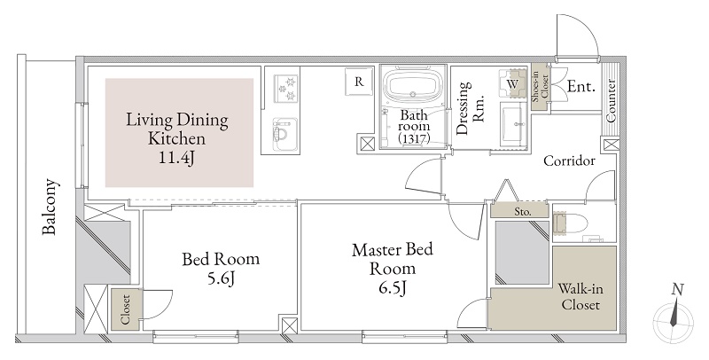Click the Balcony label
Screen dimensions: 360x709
point(51,209)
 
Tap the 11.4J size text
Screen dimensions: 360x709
point(179,159)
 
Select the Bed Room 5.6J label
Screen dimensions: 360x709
point(221,269)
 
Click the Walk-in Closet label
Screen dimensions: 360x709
point(580,297)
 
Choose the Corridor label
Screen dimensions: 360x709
point(568,160)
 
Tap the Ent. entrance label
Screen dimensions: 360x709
point(580,87)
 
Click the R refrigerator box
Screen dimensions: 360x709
point(359,82)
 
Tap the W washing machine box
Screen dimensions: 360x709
point(511,84)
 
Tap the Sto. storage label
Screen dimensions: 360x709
point(523,212)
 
